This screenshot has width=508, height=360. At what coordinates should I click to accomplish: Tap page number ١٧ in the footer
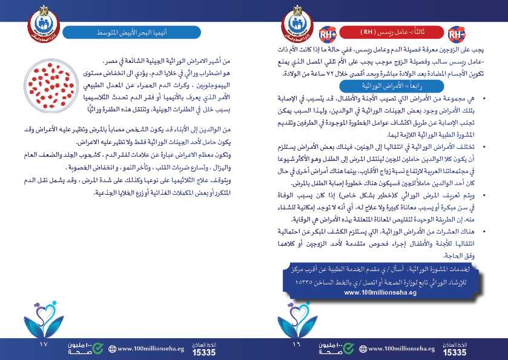point(42,345)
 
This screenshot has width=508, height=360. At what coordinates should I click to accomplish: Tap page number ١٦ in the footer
point(296,345)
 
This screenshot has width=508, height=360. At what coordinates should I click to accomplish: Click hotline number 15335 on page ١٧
point(203,352)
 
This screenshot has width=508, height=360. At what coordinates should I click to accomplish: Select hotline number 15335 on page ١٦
point(455,352)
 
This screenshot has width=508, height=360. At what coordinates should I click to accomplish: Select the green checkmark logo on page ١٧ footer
point(93,348)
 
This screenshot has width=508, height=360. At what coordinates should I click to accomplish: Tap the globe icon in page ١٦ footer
point(363,349)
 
